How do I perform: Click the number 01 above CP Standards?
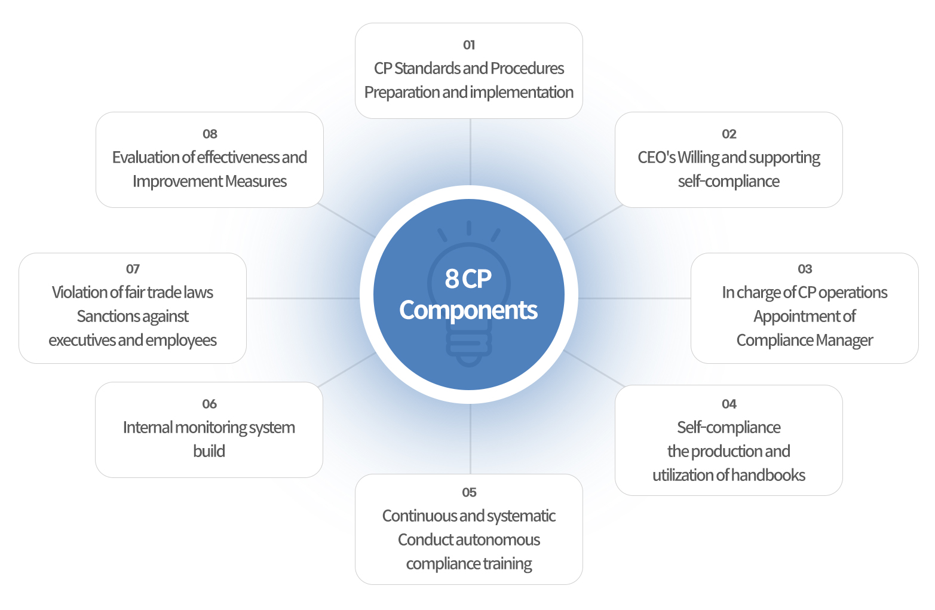click(x=469, y=45)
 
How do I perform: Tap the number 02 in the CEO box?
click(x=729, y=134)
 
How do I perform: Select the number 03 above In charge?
click(x=805, y=268)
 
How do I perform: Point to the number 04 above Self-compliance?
click(x=729, y=404)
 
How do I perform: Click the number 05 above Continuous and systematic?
click(x=469, y=492)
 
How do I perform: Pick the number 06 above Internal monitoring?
click(x=210, y=404)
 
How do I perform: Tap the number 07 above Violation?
click(x=133, y=268)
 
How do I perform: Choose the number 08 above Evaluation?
click(x=210, y=134)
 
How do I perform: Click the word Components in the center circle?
click(x=468, y=310)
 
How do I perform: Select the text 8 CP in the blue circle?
click(x=468, y=278)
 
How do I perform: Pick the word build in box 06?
click(x=209, y=451)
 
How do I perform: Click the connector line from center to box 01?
click(x=470, y=152)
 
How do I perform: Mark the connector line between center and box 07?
click(x=303, y=298)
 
